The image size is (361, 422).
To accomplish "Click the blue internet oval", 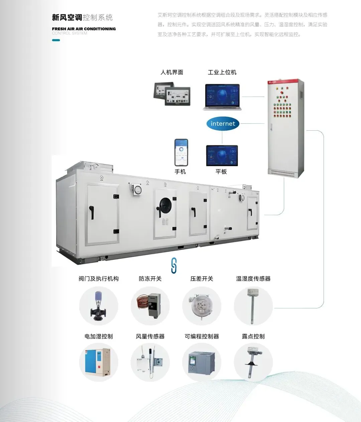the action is tap(223, 124).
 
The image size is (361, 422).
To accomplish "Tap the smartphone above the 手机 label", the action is tap(181, 152).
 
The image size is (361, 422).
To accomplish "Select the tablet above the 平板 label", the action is tap(222, 156).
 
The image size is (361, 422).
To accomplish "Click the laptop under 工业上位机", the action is tap(222, 97).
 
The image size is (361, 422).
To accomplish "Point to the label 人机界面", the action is tap(172, 72).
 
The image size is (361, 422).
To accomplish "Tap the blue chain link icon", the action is tap(173, 266).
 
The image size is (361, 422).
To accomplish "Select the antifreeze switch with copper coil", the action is tap(150, 305).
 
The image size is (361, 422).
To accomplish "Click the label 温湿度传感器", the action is tap(253, 279).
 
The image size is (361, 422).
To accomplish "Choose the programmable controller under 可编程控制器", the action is tap(202, 363).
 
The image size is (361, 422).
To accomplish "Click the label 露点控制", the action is tap(253, 336).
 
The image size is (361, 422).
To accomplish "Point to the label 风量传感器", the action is tap(150, 336).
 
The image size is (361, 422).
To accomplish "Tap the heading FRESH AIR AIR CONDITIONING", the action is tap(84, 29).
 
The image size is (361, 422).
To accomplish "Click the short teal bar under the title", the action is tap(56, 40).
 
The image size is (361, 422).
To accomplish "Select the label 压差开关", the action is tap(202, 279).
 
